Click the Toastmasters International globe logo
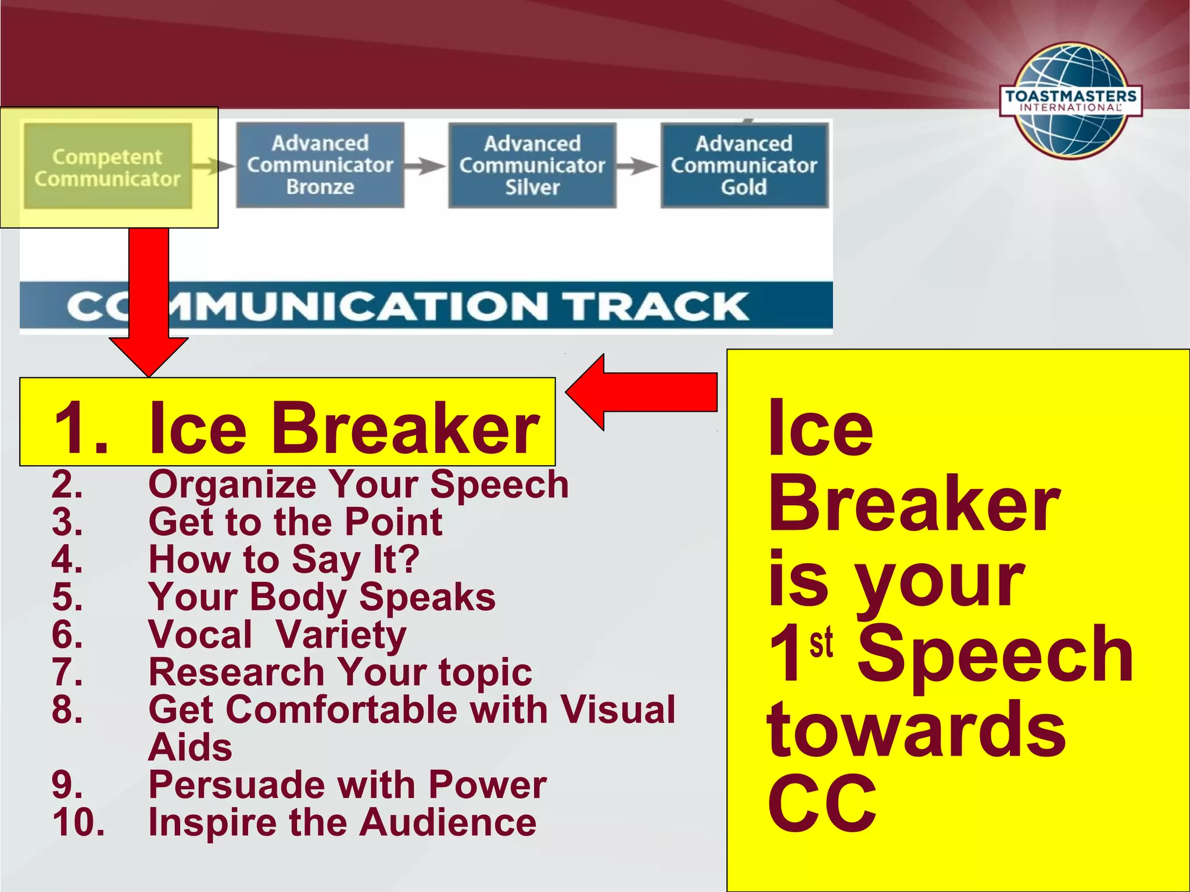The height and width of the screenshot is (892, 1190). (x=1071, y=100)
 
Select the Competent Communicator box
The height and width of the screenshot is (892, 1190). (x=108, y=167)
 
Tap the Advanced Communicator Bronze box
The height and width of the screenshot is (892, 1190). (x=320, y=165)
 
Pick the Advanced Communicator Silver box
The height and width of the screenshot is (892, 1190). (x=532, y=166)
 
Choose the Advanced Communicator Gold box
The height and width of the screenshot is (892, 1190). (x=744, y=166)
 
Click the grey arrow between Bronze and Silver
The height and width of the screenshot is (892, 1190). (x=425, y=167)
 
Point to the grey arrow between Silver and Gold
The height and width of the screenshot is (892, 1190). (x=637, y=167)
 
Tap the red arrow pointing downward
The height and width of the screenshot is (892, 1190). (x=149, y=302)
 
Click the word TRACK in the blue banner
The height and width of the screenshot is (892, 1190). (x=657, y=307)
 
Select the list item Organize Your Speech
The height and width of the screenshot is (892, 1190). (x=358, y=484)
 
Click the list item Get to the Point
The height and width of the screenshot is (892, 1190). (x=295, y=521)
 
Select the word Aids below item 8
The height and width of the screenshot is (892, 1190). (x=191, y=747)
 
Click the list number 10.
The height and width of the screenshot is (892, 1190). (x=78, y=822)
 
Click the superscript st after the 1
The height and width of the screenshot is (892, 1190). (x=822, y=643)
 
